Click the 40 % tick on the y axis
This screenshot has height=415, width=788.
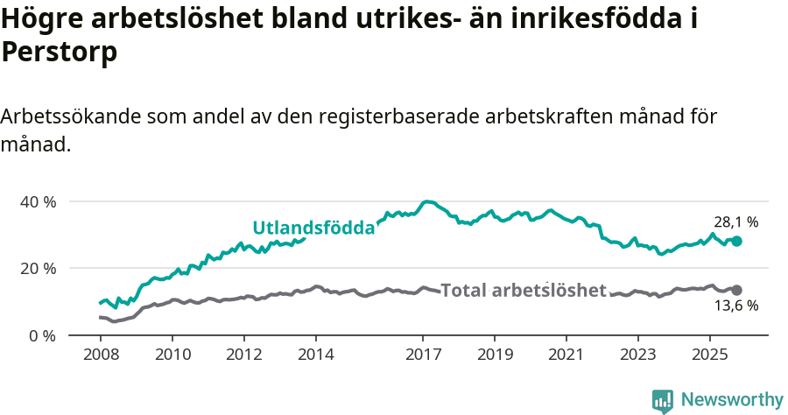38,201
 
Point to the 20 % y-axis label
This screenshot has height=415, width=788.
38,268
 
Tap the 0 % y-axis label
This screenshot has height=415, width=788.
42,335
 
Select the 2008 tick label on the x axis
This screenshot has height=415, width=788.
101,355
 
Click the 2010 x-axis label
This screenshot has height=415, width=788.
172,355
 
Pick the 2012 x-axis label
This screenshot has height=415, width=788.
243,355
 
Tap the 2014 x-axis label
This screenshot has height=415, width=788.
315,355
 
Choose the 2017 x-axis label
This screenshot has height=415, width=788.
423,355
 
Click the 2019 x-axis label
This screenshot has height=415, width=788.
494,355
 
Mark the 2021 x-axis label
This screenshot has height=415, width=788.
566,355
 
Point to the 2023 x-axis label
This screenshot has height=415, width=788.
637,355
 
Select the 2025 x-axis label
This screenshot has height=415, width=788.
709,355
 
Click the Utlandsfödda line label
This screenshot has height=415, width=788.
313,228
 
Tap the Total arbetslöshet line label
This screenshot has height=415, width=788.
523,290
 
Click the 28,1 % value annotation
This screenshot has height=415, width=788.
735,222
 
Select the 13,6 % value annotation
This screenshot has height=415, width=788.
735,306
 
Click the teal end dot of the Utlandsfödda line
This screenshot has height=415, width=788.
736,241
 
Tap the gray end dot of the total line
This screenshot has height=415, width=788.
736,290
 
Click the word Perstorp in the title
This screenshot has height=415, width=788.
60,53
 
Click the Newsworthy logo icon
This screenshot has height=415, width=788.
663,400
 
